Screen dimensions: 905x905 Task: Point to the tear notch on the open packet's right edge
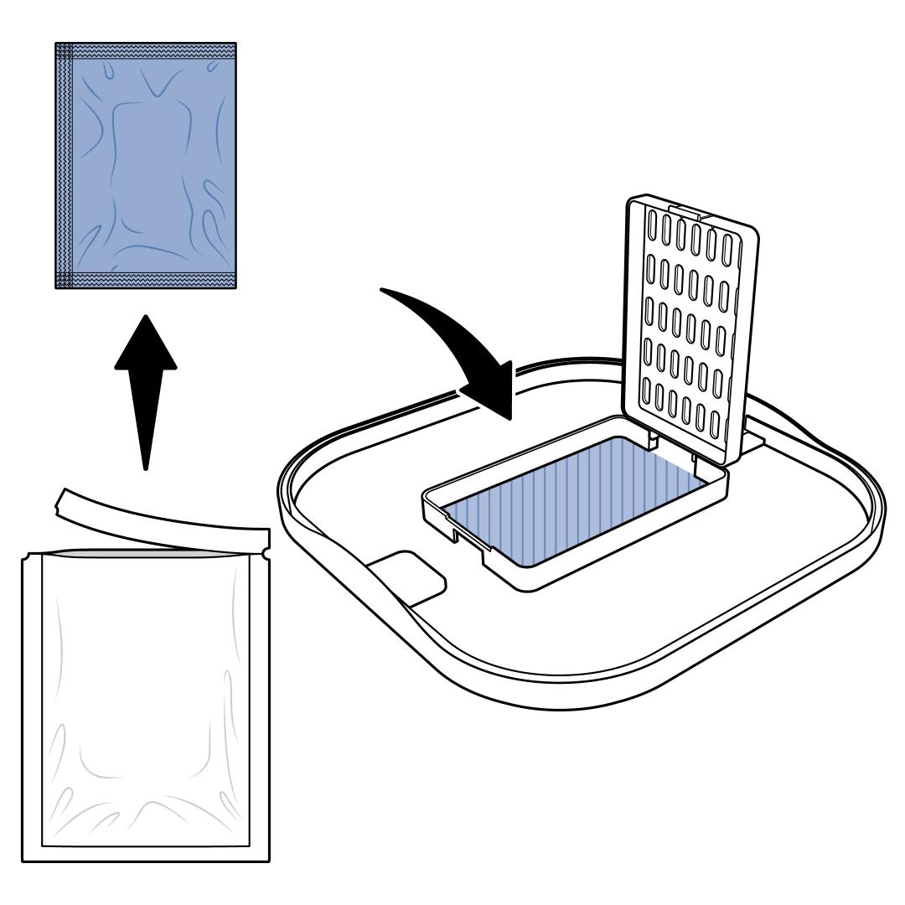(267, 553)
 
